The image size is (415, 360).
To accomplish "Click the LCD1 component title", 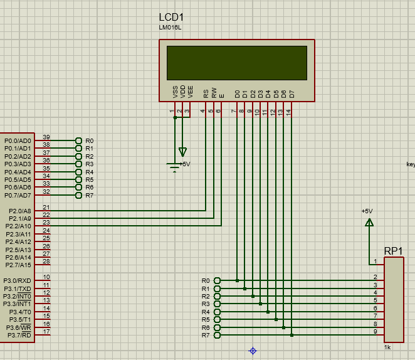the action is click(x=171, y=17).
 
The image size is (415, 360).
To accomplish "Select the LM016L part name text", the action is click(x=170, y=28).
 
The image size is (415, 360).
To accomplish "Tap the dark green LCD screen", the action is click(x=237, y=63).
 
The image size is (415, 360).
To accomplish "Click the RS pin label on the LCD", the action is click(x=206, y=93).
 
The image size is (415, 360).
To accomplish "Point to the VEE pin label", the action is click(x=190, y=92).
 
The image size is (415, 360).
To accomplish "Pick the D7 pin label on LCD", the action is click(x=292, y=94).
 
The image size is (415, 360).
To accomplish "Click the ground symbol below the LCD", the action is click(x=174, y=167).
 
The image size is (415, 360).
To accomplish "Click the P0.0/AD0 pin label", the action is click(x=18, y=141).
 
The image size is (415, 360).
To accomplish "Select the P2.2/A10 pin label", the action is click(x=18, y=226).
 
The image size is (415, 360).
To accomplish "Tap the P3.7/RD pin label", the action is click(x=19, y=335).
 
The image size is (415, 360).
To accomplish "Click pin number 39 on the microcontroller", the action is click(x=46, y=137).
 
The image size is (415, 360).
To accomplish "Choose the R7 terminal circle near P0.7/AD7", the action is click(x=78, y=195).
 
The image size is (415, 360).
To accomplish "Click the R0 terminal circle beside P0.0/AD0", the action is click(x=78, y=140).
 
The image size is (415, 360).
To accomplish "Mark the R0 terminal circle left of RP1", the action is click(x=217, y=280).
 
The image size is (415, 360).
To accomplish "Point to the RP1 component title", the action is click(x=393, y=251).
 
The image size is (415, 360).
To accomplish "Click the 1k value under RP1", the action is click(x=387, y=347).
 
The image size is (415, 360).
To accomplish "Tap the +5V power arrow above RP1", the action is click(x=369, y=223).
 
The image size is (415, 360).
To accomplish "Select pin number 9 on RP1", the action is click(x=376, y=331).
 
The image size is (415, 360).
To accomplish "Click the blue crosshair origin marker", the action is click(x=253, y=351).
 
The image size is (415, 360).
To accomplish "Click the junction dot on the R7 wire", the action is click(x=292, y=335).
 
